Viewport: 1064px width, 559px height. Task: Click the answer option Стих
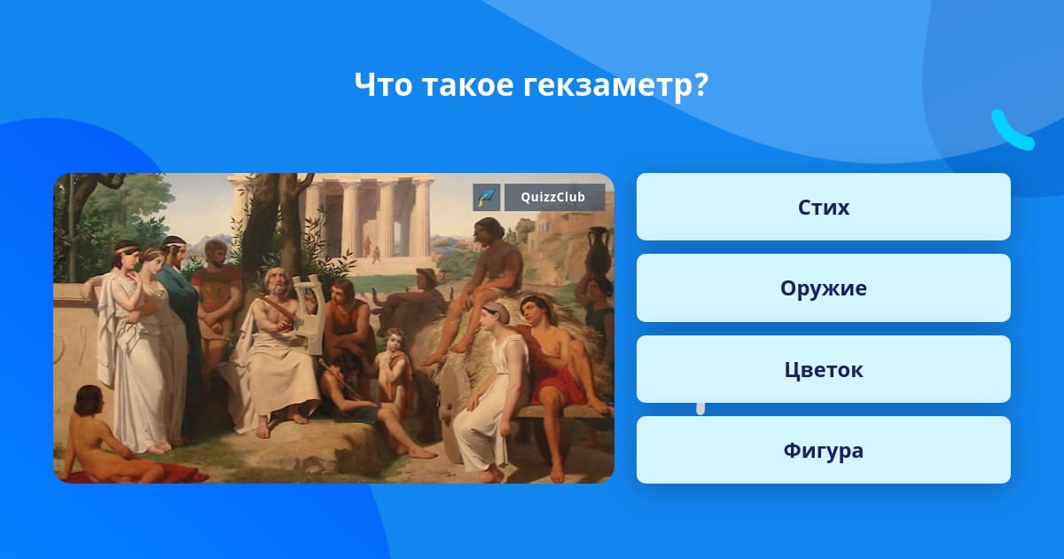click(823, 207)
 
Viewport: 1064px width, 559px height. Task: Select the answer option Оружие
click(823, 288)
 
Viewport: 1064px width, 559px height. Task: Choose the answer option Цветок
click(823, 369)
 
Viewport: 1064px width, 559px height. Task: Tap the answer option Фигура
click(823, 450)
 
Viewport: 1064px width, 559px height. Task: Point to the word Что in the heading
click(383, 84)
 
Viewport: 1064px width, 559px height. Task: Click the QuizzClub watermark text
click(553, 197)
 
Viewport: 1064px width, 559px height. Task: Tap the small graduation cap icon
click(487, 197)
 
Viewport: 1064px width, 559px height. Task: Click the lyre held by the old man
click(308, 314)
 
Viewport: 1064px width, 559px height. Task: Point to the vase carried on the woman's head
click(597, 251)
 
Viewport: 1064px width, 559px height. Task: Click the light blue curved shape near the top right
click(1012, 130)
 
